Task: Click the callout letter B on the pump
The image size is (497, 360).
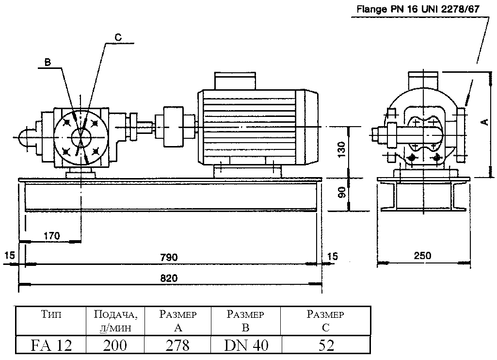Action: (x=48, y=62)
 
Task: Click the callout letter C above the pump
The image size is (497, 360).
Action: (x=118, y=37)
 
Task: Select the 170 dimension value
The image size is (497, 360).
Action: (x=51, y=236)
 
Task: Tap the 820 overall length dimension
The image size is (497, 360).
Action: (x=169, y=278)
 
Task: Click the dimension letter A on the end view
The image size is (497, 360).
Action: (x=484, y=123)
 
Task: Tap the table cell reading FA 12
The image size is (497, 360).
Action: (x=51, y=345)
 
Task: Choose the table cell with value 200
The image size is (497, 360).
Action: (x=115, y=345)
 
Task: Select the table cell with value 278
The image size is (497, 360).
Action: (x=177, y=345)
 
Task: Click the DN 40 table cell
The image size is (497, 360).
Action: (x=245, y=345)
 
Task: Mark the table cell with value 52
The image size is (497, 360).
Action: (x=325, y=345)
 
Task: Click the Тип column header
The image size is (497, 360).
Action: (x=51, y=315)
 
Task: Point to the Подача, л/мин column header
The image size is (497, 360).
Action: (x=115, y=321)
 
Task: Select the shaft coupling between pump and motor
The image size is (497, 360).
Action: (x=173, y=127)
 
